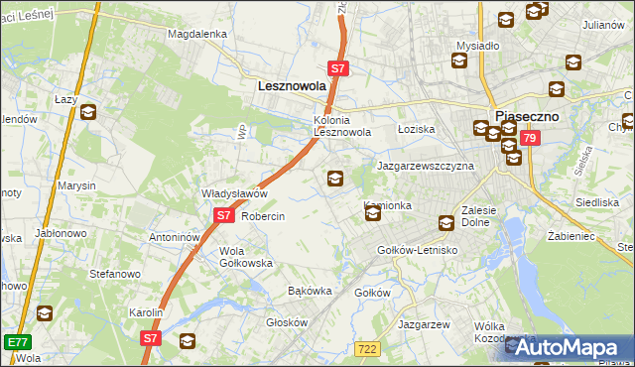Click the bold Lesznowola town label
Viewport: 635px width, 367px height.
pos(292,86)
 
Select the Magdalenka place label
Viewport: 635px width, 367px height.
pos(197,33)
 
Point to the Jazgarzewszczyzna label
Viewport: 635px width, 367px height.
pos(425,166)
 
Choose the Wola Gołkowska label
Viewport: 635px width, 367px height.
pos(246,257)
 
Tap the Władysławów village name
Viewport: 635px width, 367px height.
pos(235,193)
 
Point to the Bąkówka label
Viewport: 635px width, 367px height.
pos(308,292)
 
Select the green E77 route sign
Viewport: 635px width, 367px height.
pos(16,341)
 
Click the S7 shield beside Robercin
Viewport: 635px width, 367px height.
pos(223,215)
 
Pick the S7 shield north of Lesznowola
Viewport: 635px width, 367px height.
pos(338,68)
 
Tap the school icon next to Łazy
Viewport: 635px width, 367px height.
pos(88,112)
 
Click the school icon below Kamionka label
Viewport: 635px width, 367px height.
pos(372,212)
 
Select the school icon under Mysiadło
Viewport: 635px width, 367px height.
pos(459,61)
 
